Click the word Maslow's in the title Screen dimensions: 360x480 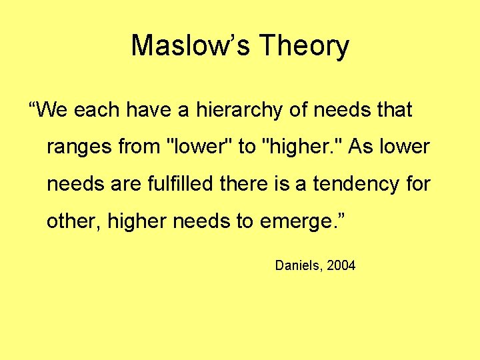pos(189,46)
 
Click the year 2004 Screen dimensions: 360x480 pos(341,266)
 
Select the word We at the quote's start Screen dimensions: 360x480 pos(50,109)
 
